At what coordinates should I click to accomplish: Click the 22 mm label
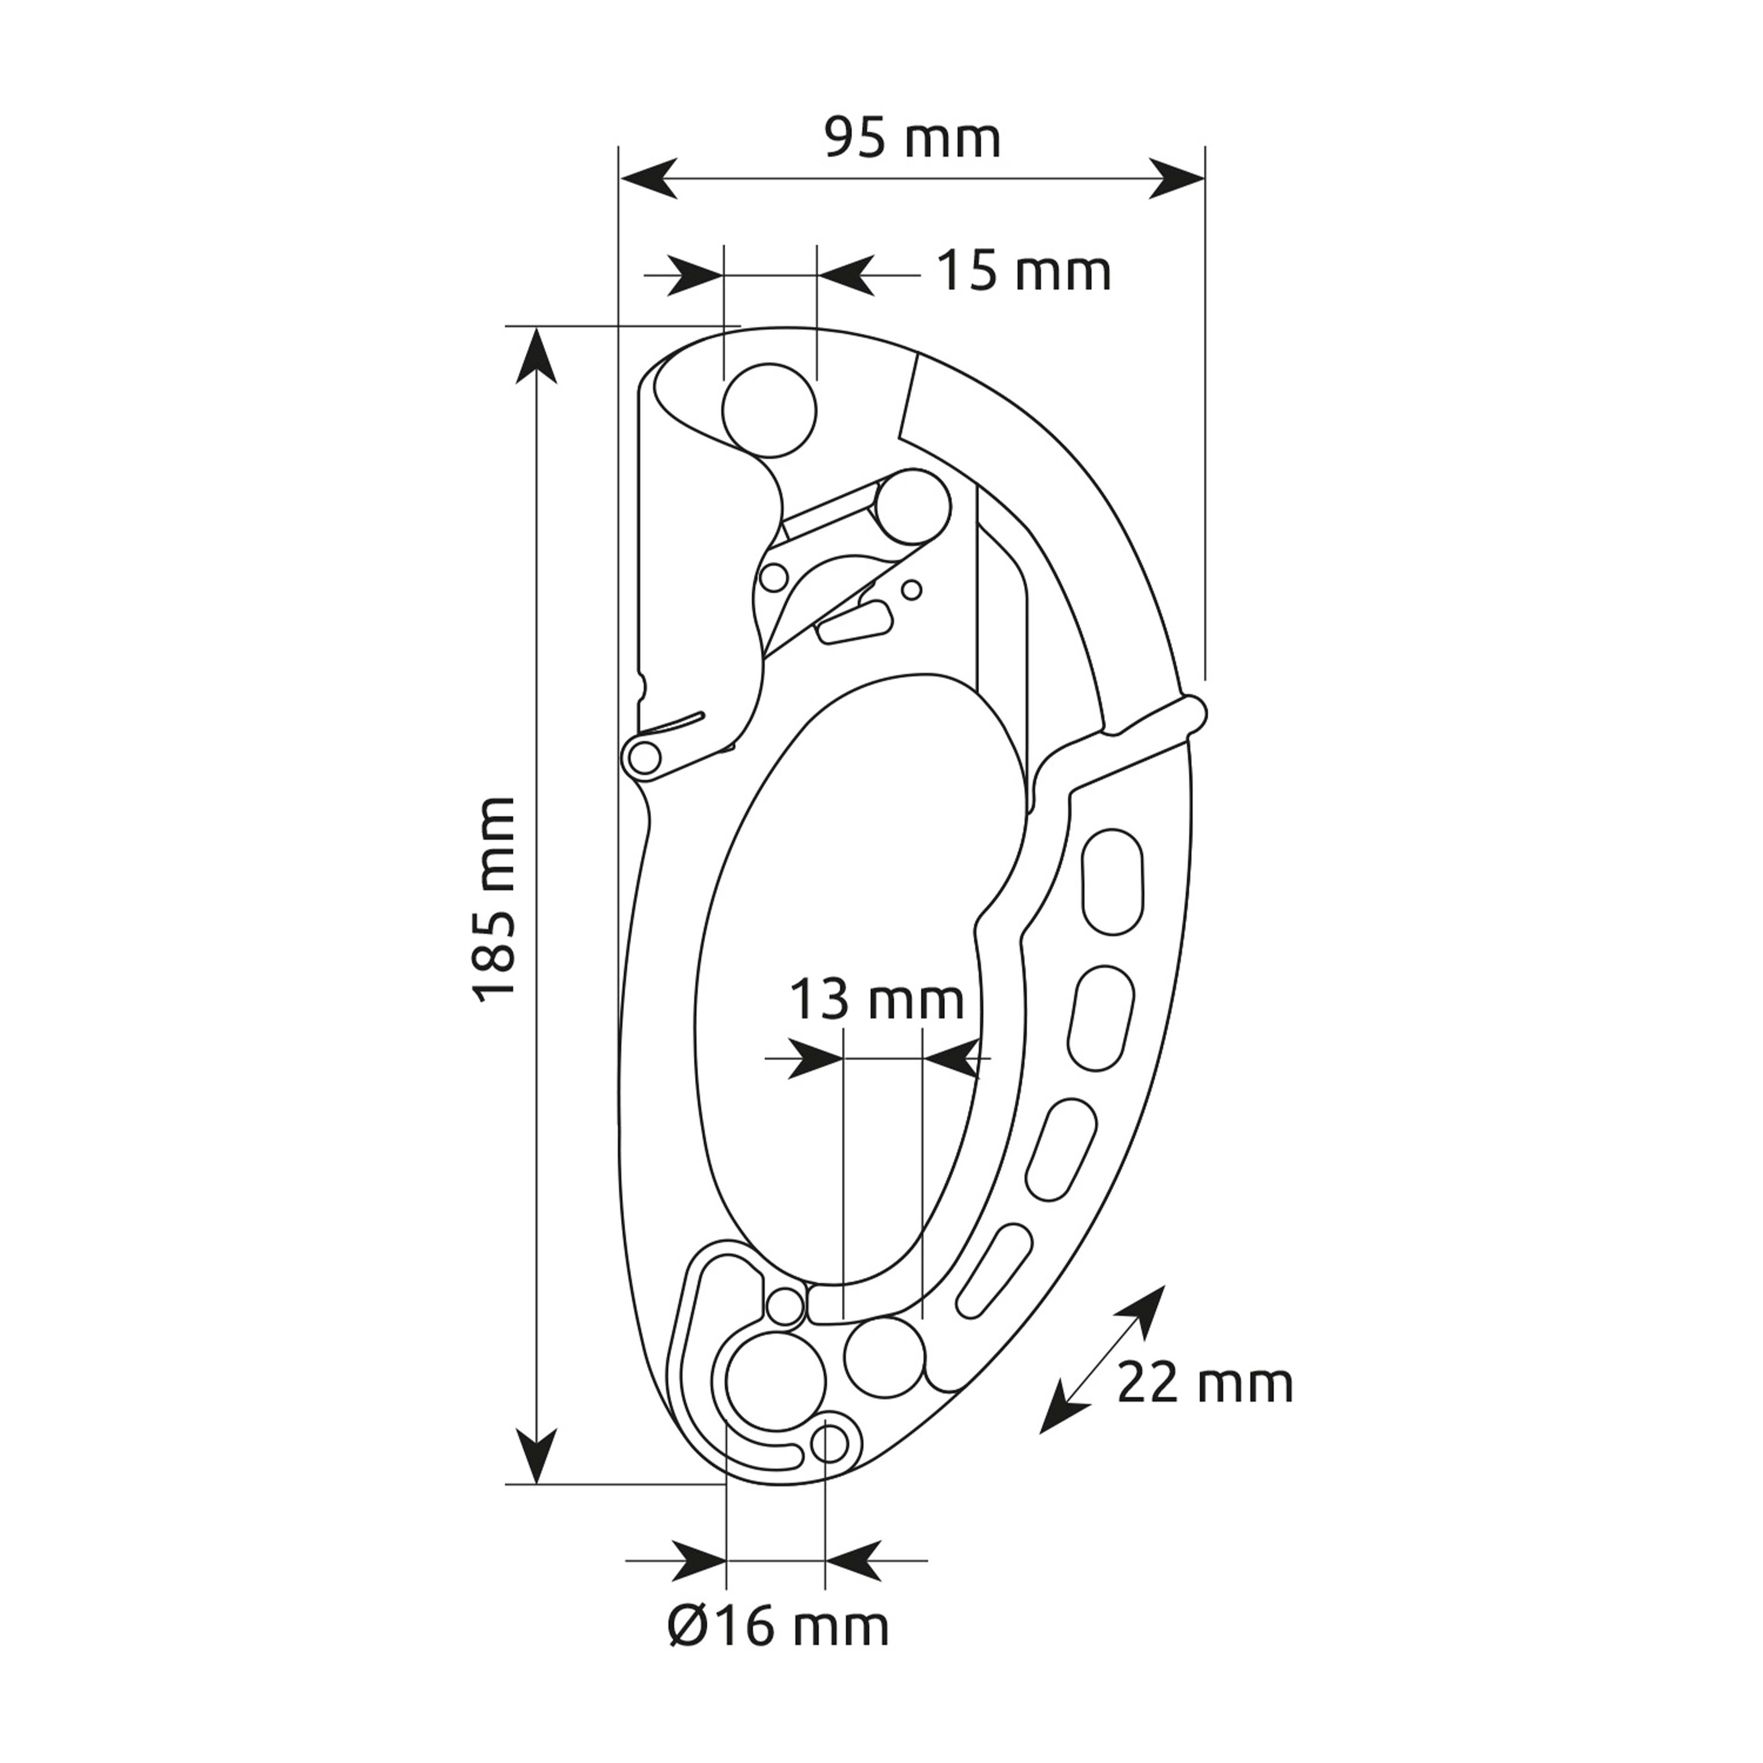1204,1384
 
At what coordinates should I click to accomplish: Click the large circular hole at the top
769,410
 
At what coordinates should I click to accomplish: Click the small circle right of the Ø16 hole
832,1443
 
